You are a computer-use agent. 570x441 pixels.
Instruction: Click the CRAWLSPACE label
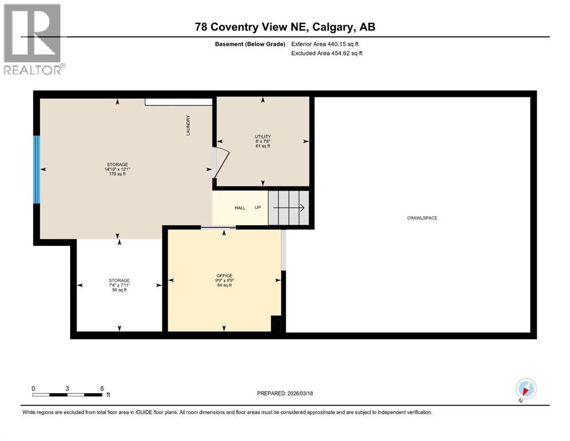pyautogui.click(x=422, y=218)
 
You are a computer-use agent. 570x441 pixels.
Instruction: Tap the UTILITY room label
pyautogui.click(x=263, y=137)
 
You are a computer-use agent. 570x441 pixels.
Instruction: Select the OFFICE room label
pyautogui.click(x=224, y=276)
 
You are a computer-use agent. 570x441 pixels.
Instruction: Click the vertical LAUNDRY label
pyautogui.click(x=188, y=125)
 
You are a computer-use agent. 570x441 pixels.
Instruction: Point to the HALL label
pyautogui.click(x=240, y=208)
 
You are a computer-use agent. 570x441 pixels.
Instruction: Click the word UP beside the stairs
pyautogui.click(x=258, y=208)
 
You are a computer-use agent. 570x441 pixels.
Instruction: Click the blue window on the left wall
pyautogui.click(x=37, y=169)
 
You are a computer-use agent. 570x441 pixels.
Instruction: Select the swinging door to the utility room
pyautogui.click(x=220, y=161)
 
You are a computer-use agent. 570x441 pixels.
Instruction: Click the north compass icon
pyautogui.click(x=526, y=389)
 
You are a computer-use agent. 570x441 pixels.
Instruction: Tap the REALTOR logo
pyautogui.click(x=33, y=39)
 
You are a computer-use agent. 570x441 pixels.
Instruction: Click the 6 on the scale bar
pyautogui.click(x=102, y=388)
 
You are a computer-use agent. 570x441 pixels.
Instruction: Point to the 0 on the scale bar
pyautogui.click(x=33, y=388)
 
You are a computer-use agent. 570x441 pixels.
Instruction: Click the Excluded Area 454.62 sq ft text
pyautogui.click(x=327, y=53)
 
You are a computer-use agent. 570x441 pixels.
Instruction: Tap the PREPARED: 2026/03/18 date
pyautogui.click(x=285, y=393)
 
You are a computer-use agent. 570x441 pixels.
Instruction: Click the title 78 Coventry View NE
pyautogui.click(x=285, y=27)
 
